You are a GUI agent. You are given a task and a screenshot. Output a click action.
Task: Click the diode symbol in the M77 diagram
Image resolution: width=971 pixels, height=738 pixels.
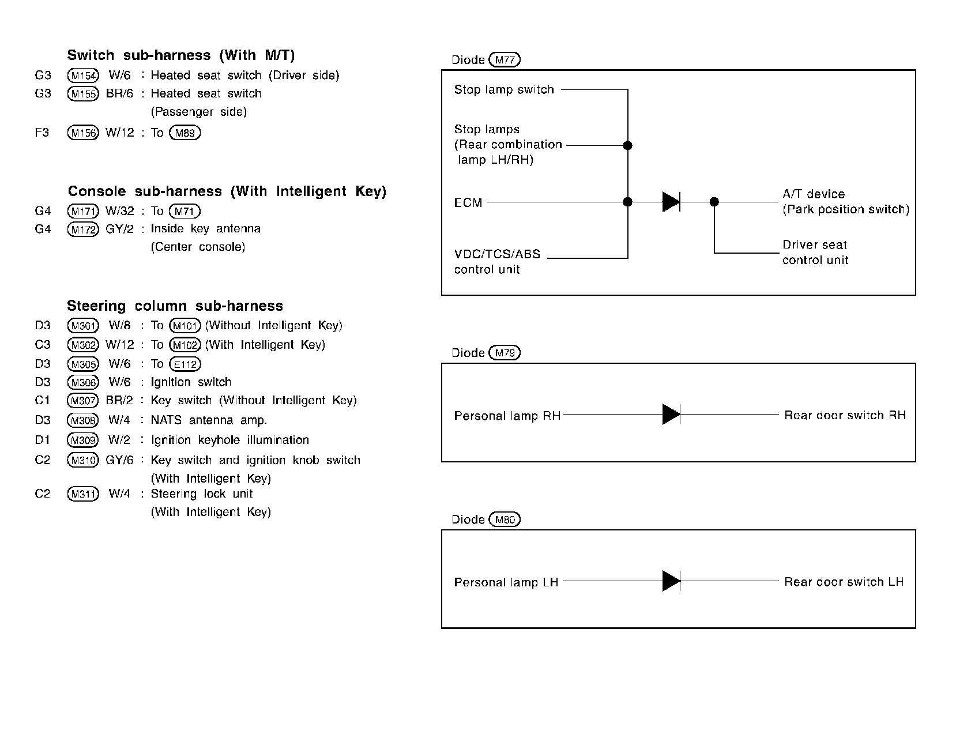click(x=671, y=202)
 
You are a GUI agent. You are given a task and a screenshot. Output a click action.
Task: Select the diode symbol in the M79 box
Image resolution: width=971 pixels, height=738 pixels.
click(x=671, y=415)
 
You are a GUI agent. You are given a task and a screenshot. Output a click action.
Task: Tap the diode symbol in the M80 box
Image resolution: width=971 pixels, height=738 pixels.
click(x=671, y=581)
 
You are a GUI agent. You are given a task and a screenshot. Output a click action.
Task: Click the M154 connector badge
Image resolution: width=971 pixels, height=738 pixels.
click(x=83, y=76)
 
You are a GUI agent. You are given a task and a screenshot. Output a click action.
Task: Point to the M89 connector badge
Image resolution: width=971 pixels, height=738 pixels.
click(x=185, y=133)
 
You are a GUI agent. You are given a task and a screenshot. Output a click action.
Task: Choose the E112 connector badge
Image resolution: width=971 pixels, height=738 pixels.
click(x=185, y=364)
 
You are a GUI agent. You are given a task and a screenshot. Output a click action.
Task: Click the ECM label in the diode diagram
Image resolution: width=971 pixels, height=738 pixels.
click(x=468, y=203)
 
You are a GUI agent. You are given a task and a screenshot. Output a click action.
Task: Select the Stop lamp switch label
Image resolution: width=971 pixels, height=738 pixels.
click(x=503, y=90)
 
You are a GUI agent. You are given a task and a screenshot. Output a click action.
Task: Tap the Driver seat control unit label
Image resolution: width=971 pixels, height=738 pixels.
click(x=815, y=253)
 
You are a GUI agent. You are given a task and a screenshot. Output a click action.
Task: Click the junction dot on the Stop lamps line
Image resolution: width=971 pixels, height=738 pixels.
click(x=628, y=145)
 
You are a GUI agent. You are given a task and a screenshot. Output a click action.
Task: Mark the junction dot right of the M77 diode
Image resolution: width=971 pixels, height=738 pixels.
click(x=714, y=202)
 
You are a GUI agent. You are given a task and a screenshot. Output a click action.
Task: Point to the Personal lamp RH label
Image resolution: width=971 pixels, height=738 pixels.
click(x=507, y=416)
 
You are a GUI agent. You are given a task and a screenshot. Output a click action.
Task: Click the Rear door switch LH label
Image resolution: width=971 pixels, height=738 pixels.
click(x=844, y=582)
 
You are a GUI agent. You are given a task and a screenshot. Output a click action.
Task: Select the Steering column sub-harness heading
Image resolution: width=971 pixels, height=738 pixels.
click(x=175, y=306)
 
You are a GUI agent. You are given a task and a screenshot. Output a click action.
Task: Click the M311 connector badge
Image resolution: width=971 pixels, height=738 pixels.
click(x=83, y=494)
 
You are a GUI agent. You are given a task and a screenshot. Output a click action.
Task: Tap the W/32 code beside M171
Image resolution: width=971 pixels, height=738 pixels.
click(x=119, y=212)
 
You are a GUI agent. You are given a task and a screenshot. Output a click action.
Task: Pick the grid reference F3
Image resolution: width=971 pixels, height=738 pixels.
click(x=42, y=133)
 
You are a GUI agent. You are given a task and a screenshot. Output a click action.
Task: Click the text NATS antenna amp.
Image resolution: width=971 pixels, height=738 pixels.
click(x=209, y=420)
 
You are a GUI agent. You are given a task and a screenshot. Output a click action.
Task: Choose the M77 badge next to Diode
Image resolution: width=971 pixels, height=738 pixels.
click(x=505, y=60)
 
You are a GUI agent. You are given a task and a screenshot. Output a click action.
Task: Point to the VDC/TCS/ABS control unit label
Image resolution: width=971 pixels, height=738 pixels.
click(x=496, y=262)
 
